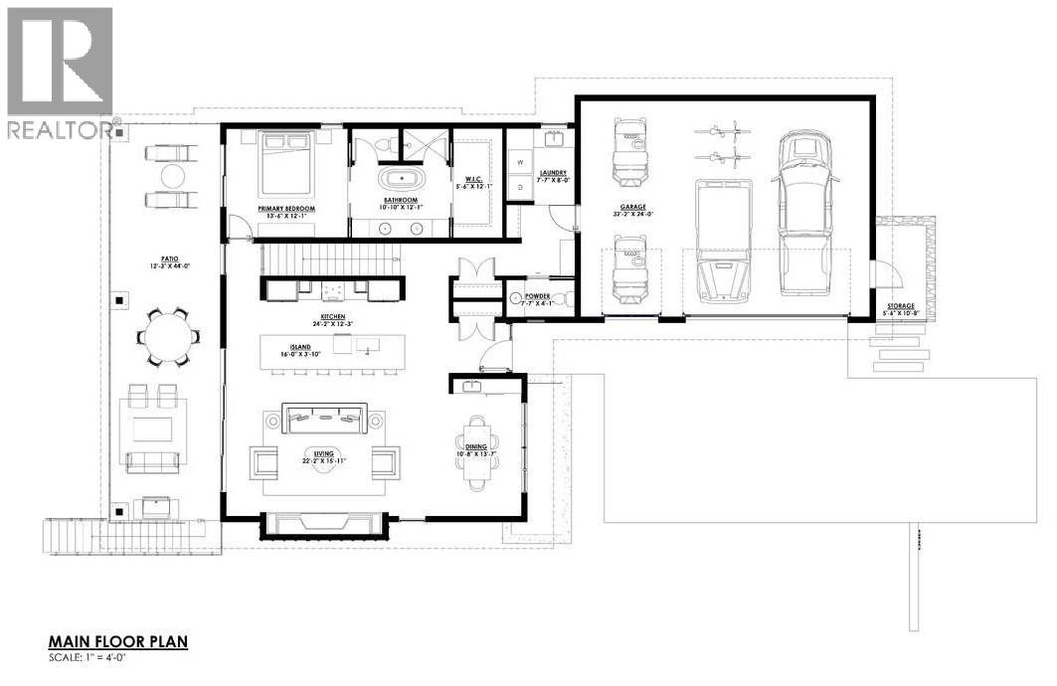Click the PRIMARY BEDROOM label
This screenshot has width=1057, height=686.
[286, 209]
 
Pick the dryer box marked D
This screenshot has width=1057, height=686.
[518, 186]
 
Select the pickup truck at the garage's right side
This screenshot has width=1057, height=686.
[804, 213]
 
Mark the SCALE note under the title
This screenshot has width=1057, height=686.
[95, 657]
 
